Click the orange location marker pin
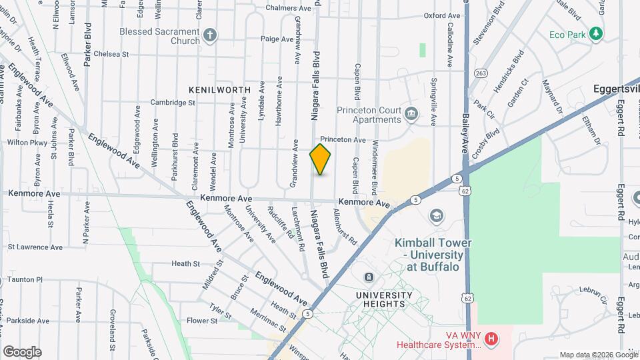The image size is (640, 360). pyautogui.click(x=321, y=159)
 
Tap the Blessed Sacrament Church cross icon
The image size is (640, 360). pyautogui.click(x=210, y=35)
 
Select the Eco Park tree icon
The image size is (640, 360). pyautogui.click(x=596, y=33)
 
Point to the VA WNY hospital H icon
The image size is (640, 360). pyautogui.click(x=491, y=339)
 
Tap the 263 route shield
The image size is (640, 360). pyautogui.click(x=479, y=73)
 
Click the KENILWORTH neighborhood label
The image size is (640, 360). pyautogui.click(x=219, y=89)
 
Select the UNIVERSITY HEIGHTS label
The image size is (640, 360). pyautogui.click(x=381, y=299)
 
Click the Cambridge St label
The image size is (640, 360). pyautogui.click(x=172, y=103)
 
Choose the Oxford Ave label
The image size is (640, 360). pyautogui.click(x=442, y=15)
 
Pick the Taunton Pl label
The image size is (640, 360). pyautogui.click(x=21, y=280)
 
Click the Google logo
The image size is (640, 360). pyautogui.click(x=22, y=351)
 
